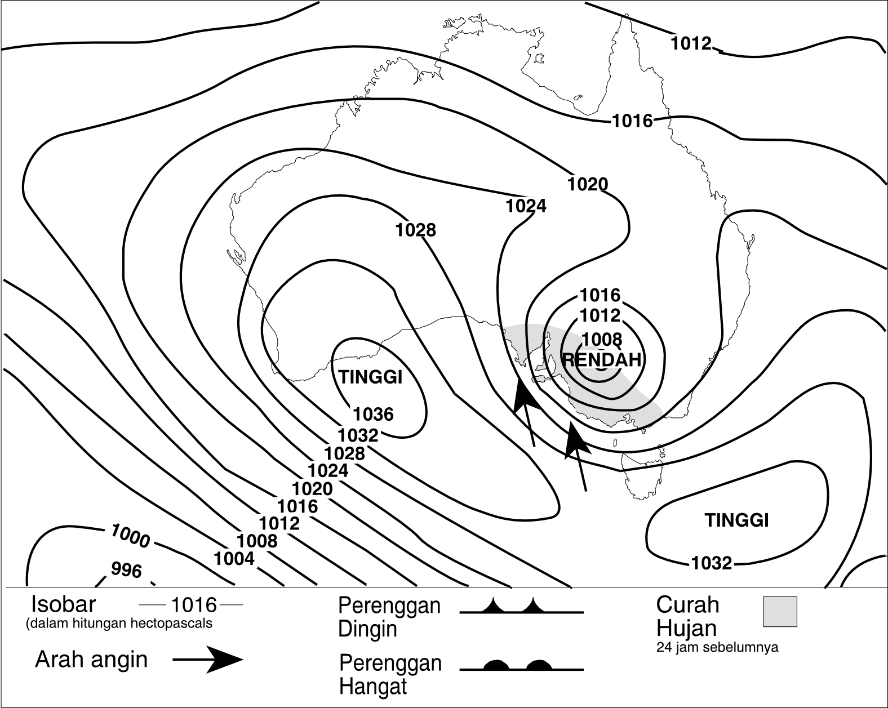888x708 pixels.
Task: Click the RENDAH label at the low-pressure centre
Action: pyautogui.click(x=602, y=359)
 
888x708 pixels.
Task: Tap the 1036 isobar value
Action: pyautogui.click(x=373, y=415)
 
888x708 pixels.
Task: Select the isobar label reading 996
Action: pyautogui.click(x=126, y=571)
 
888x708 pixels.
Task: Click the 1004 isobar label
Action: pyautogui.click(x=234, y=559)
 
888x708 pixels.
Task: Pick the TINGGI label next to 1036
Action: pyautogui.click(x=370, y=377)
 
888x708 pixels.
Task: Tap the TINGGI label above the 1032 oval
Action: pyautogui.click(x=736, y=520)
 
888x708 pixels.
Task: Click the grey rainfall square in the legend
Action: pyautogui.click(x=780, y=612)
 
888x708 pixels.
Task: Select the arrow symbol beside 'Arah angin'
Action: pyautogui.click(x=208, y=660)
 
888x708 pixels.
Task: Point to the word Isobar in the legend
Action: pyautogui.click(x=64, y=604)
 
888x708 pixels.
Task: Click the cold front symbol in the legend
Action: pyautogui.click(x=521, y=607)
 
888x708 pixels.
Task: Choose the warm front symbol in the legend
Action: pyautogui.click(x=521, y=665)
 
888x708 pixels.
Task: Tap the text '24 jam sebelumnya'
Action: pyautogui.click(x=717, y=647)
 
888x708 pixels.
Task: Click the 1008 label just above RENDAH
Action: pyautogui.click(x=601, y=339)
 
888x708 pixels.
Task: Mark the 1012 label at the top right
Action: pyautogui.click(x=691, y=43)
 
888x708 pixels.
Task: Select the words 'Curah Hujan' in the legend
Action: pyautogui.click(x=688, y=616)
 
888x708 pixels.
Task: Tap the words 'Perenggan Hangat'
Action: pyautogui.click(x=390, y=675)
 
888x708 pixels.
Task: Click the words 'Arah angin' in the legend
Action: pyautogui.click(x=91, y=659)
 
